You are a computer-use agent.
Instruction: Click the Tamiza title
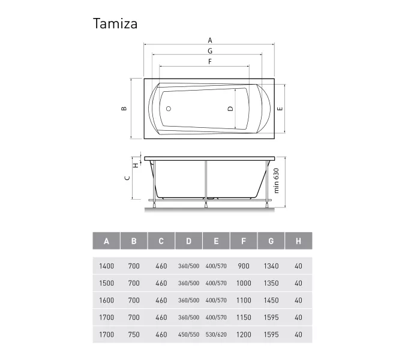coord(115,23)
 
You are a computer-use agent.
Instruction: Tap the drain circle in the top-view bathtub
coord(169,109)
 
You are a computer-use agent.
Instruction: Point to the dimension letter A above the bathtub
coord(210,41)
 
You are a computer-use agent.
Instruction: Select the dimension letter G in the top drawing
coord(210,51)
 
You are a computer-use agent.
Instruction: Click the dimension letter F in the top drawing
coord(210,61)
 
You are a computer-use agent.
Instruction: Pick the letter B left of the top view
coord(124,109)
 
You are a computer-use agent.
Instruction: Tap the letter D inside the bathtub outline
coord(230,109)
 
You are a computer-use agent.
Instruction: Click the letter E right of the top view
coord(280,109)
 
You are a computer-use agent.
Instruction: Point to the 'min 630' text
coord(277,181)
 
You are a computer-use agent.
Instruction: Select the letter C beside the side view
coord(127,178)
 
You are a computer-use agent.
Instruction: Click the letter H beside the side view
coord(136,165)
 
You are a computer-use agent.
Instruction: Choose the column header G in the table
coord(271,241)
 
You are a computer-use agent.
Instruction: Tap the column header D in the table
coord(188,241)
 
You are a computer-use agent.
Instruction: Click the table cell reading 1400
coord(106,266)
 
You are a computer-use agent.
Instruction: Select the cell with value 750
coord(134,334)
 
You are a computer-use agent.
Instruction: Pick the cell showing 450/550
coord(188,334)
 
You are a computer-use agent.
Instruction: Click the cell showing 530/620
coord(216,334)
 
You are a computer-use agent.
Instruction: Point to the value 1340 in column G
coord(271,266)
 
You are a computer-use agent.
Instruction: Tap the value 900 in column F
coord(244,266)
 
